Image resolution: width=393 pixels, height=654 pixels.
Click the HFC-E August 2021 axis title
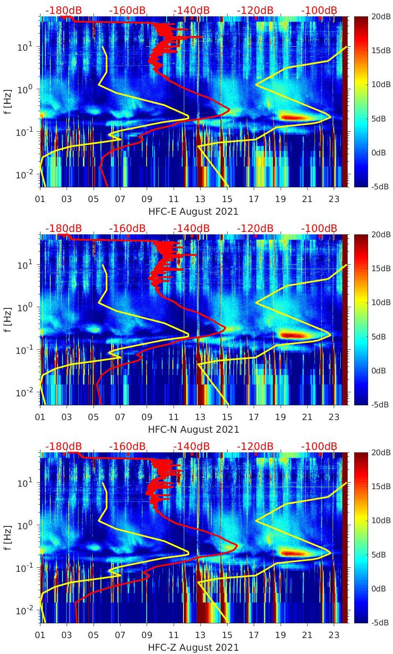click(x=193, y=211)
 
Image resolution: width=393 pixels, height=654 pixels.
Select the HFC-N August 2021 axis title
click(x=193, y=429)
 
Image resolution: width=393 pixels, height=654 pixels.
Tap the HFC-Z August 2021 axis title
click(x=193, y=647)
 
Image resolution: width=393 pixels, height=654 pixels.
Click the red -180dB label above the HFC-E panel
click(x=63, y=10)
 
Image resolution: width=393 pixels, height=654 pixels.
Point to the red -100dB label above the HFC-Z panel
click(x=319, y=446)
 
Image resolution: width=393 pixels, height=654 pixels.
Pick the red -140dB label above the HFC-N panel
click(x=191, y=228)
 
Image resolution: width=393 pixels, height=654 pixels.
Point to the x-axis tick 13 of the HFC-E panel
click(x=200, y=199)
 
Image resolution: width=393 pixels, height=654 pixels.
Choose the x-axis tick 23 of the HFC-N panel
click(x=334, y=417)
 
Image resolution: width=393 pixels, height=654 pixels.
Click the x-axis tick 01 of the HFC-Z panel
click(x=40, y=635)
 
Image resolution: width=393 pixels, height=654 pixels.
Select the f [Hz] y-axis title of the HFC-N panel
click(x=7, y=319)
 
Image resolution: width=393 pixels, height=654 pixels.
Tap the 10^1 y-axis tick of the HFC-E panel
click(x=25, y=47)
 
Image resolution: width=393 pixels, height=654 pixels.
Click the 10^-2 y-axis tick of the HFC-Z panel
click(x=24, y=610)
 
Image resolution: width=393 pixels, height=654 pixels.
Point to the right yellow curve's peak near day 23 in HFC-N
click(x=330, y=335)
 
